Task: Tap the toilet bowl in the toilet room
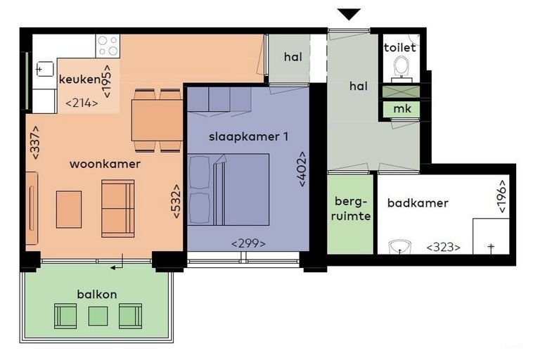click(401, 67)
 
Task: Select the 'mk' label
click(402, 109)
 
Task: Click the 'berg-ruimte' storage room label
click(350, 209)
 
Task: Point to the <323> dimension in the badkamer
click(443, 247)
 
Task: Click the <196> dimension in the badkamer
click(502, 196)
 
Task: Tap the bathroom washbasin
click(399, 247)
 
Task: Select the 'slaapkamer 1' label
click(248, 137)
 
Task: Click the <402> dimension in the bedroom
click(302, 169)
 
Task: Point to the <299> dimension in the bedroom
click(248, 244)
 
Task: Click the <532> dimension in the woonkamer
click(176, 201)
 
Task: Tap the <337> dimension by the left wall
click(35, 143)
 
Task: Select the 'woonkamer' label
click(105, 164)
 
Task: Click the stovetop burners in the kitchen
click(108, 46)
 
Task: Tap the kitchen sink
click(45, 70)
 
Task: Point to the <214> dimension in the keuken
click(82, 103)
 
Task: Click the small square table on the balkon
click(98, 316)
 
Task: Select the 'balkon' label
click(97, 295)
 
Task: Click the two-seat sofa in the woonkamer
click(118, 208)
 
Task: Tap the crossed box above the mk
click(401, 92)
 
